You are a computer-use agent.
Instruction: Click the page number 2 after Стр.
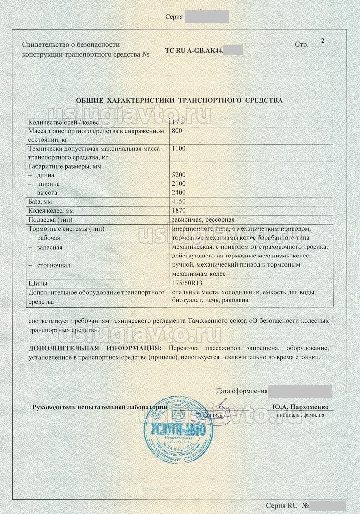click(323, 41)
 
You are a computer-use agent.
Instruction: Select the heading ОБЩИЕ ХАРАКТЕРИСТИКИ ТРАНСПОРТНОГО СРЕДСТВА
click(179, 100)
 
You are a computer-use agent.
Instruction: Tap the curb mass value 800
click(177, 131)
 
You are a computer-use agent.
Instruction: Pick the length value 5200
click(178, 175)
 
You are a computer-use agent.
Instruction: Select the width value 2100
click(178, 184)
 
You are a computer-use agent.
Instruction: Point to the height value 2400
click(178, 192)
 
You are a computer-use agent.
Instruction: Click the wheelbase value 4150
click(178, 202)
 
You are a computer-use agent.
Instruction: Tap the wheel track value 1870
click(178, 211)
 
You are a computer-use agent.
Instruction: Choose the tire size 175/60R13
click(187, 283)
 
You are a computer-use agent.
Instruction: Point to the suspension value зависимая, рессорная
click(202, 220)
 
